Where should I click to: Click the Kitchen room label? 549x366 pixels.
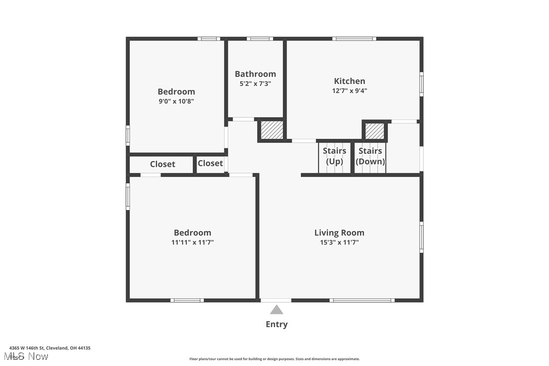point(349,81)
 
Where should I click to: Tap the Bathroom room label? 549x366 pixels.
point(255,74)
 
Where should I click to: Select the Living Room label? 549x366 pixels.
point(339,233)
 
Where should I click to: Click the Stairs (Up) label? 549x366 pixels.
point(335,156)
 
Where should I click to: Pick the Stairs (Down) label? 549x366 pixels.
point(371,156)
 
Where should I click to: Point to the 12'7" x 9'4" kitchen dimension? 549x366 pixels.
point(349,91)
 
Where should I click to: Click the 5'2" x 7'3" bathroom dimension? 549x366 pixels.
point(255,84)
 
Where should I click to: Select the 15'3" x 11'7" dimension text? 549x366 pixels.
point(339,243)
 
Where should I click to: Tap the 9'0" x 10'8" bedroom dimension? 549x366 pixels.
point(176,101)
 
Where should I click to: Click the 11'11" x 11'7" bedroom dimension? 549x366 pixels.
point(192,243)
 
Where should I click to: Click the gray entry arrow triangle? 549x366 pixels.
point(277,310)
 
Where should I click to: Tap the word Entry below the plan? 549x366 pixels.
point(277,325)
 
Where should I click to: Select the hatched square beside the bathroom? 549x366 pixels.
point(271,130)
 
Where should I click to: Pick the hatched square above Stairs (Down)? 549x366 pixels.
point(375,131)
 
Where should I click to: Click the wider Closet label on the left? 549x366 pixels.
point(162,164)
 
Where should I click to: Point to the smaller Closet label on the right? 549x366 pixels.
point(210,163)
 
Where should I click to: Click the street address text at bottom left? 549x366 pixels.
point(50,348)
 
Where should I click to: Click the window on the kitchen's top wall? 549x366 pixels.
point(354,38)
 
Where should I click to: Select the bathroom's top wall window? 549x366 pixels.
point(260,38)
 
